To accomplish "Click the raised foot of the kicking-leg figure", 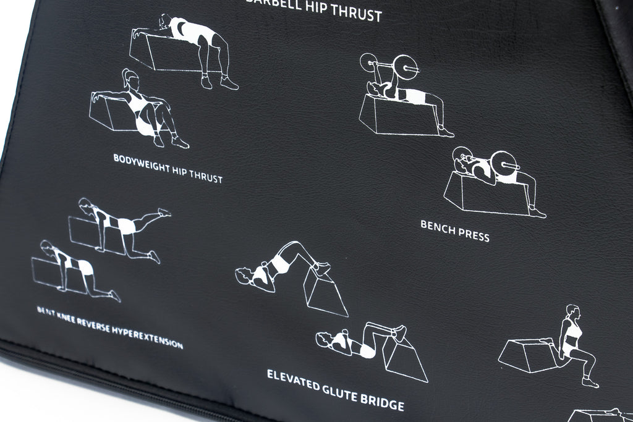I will [164, 212].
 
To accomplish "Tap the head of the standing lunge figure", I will [573, 312].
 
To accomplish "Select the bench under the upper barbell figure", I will [396, 119].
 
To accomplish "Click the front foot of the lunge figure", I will [590, 382].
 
